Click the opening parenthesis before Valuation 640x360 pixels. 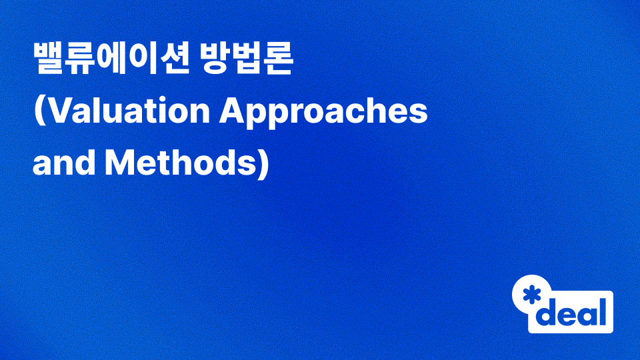pos(39,113)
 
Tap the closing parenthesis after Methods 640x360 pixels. pos(262,163)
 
